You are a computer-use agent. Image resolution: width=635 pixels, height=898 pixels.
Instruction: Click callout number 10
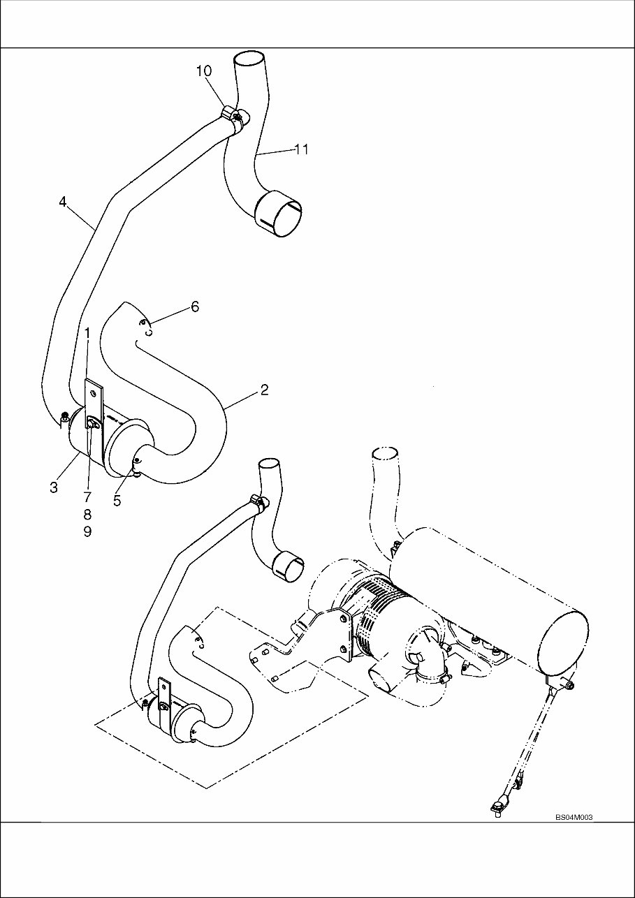(x=203, y=71)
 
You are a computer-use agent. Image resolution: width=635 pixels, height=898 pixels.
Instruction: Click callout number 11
(x=301, y=149)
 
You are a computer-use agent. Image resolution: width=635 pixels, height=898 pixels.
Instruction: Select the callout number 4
(x=63, y=202)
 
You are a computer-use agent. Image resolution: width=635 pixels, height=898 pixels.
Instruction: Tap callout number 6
(x=195, y=307)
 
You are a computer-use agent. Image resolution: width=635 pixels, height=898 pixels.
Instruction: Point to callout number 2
(x=264, y=390)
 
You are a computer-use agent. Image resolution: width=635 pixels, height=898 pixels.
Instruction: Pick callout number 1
(x=87, y=333)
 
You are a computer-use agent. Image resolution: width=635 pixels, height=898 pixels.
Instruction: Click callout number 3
(x=54, y=487)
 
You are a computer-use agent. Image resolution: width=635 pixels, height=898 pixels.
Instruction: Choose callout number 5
(x=117, y=500)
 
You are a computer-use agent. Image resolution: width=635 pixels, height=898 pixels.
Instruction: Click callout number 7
(x=87, y=497)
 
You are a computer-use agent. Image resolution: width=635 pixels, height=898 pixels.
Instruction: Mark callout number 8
(x=87, y=515)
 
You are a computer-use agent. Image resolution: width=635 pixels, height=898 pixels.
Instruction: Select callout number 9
(x=87, y=531)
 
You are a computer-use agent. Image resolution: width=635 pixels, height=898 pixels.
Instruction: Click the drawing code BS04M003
(x=574, y=817)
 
